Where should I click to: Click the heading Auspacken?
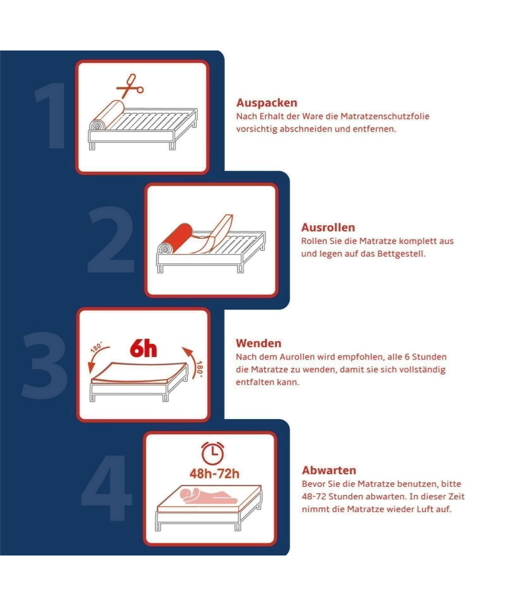click(267, 103)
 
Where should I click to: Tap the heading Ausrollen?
click(328, 228)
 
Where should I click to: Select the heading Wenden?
click(259, 343)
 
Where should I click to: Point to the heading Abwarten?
click(329, 470)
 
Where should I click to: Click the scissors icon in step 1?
click(130, 86)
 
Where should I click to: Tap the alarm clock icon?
click(213, 453)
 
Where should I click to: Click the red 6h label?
click(143, 348)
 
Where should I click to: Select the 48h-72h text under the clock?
click(215, 474)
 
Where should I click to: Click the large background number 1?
click(50, 116)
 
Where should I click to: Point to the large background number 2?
click(111, 239)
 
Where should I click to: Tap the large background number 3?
click(44, 366)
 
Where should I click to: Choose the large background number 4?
click(107, 488)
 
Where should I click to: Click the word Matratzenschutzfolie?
click(384, 116)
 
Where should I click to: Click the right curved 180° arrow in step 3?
click(191, 362)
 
